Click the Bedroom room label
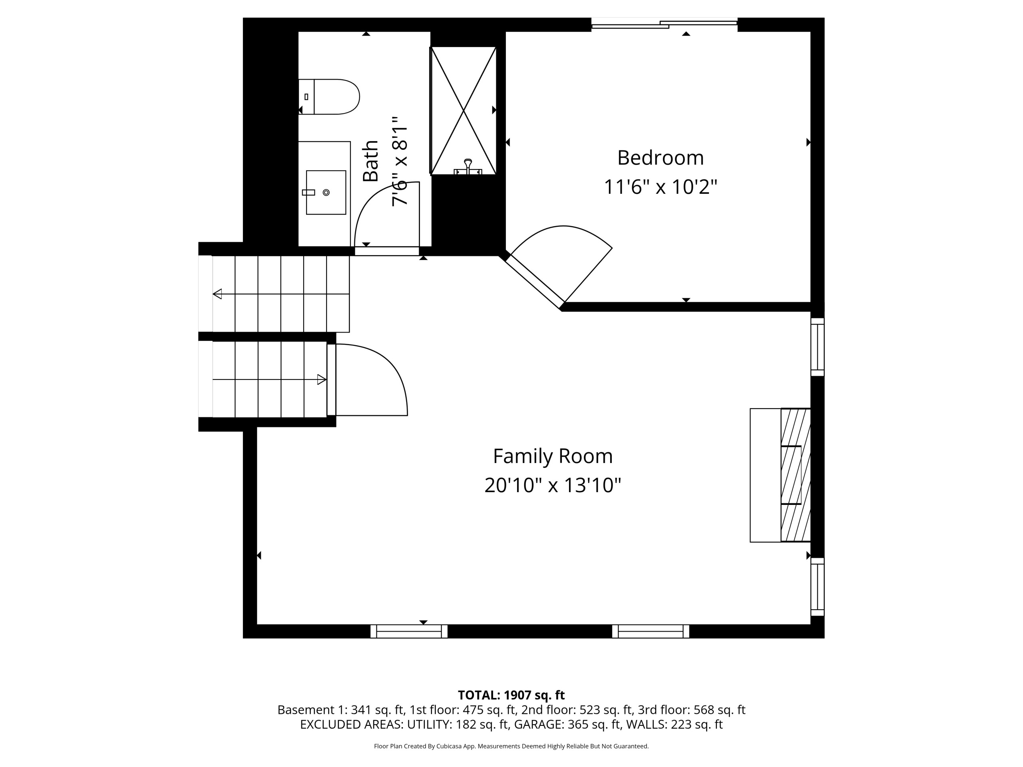coord(661,158)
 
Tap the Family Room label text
coord(553,456)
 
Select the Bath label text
coord(370,161)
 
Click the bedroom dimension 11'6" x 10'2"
coord(661,187)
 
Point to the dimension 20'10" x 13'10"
coord(553,485)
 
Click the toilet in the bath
coord(329,97)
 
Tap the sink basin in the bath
coord(326,192)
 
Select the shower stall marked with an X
coord(464,111)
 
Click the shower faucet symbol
coord(468,167)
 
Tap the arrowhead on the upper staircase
coord(217,294)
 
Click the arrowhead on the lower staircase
coord(322,380)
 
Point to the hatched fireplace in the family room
coord(796,475)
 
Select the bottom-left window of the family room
coord(409,631)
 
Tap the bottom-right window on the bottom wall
coord(651,631)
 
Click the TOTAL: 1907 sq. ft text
coord(511,695)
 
